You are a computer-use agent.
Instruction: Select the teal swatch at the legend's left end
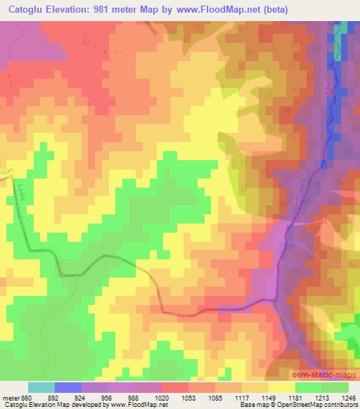pyautogui.click(x=41, y=387)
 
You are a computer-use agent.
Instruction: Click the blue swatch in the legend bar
pyautogui.click(x=68, y=387)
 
